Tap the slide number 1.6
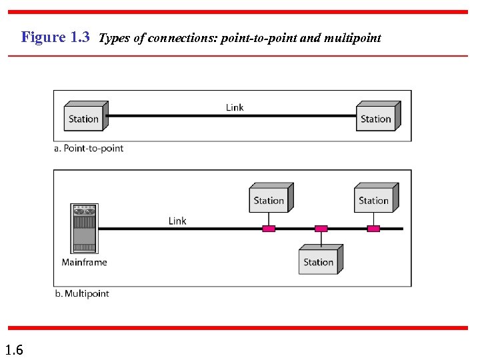click(14, 349)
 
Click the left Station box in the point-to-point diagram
click(84, 118)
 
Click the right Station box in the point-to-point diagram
click(376, 118)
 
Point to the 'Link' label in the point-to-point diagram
click(235, 107)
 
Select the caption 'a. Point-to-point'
click(89, 148)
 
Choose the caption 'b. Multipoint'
click(81, 293)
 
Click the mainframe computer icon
click(84, 229)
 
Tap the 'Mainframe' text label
click(84, 262)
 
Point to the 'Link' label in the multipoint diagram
click(177, 221)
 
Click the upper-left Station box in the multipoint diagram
click(269, 199)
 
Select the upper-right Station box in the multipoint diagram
click(374, 199)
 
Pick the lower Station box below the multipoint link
click(319, 261)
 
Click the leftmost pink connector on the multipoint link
click(269, 229)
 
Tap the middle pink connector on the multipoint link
click(321, 229)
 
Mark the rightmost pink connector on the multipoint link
click(374, 229)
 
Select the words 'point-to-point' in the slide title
click(263, 38)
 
